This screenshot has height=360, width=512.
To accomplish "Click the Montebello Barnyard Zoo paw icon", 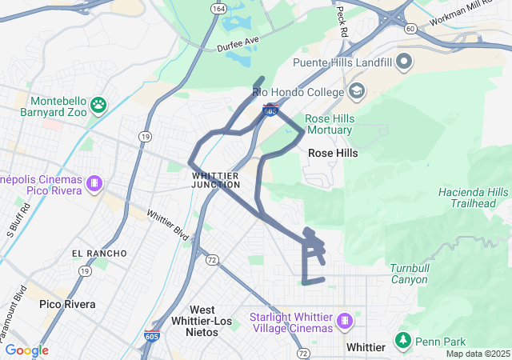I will pyautogui.click(x=98, y=104).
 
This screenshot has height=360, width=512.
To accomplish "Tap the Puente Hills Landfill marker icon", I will pyautogui.click(x=404, y=61).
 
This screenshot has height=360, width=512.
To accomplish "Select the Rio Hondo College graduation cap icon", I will pyautogui.click(x=355, y=90).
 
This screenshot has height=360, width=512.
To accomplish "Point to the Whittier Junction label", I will pyautogui.click(x=215, y=179).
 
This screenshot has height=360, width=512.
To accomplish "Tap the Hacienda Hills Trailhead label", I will pyautogui.click(x=473, y=198).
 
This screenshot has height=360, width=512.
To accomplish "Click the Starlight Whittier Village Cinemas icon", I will pyautogui.click(x=345, y=321).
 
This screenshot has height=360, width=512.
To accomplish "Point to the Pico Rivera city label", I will pyautogui.click(x=67, y=304).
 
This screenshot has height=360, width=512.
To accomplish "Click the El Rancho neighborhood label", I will pyautogui.click(x=99, y=253).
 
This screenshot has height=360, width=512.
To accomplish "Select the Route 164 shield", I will pyautogui.click(x=218, y=9).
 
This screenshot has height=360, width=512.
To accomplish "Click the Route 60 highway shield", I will pyautogui.click(x=410, y=28).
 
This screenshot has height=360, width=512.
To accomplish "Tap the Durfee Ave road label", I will pyautogui.click(x=238, y=42).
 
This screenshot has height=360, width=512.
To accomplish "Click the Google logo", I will pyautogui.click(x=26, y=350).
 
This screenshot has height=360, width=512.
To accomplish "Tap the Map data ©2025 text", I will pyautogui.click(x=478, y=354).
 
